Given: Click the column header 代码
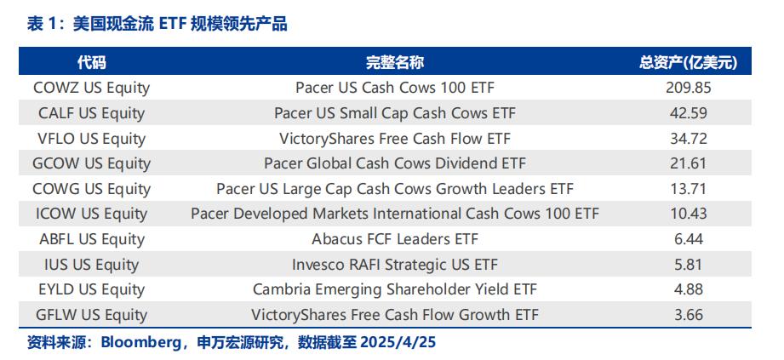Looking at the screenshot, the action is coord(91,62).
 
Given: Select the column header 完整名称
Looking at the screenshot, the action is coord(395,62).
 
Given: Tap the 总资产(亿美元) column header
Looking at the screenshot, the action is coord(689,62).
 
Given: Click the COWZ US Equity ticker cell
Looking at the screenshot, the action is coord(91,88).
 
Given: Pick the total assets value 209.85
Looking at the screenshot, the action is coord(689,88).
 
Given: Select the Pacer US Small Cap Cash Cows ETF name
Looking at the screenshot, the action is coord(395,113).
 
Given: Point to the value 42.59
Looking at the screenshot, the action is coord(689,113).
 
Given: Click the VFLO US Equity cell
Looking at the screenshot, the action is coord(91,139).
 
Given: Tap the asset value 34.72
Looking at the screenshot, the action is coord(689,139).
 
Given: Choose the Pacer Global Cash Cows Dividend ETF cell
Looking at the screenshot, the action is coord(395,163).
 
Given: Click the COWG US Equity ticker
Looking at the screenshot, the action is coord(91,189).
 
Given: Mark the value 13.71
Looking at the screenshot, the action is coord(689,189).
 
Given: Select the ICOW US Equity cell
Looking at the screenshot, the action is coord(91,214).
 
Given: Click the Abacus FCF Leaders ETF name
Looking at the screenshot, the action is coord(395,239).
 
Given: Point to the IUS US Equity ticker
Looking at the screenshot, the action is coord(91,265).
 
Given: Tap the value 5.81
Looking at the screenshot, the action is coord(689,265).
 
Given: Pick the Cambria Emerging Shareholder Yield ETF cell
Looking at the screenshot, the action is coord(395,289).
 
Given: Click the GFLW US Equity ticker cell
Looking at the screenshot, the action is coord(91,315).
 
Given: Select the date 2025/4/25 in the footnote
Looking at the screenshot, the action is coord(398,342).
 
